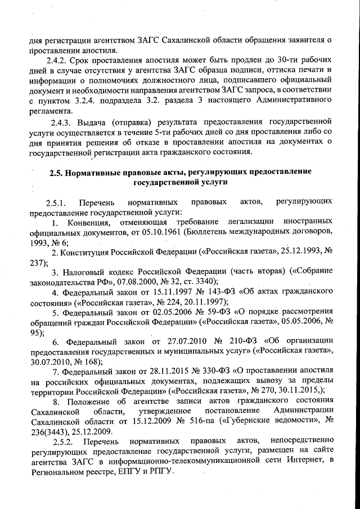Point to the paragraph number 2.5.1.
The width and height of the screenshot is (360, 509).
(x=57, y=201)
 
